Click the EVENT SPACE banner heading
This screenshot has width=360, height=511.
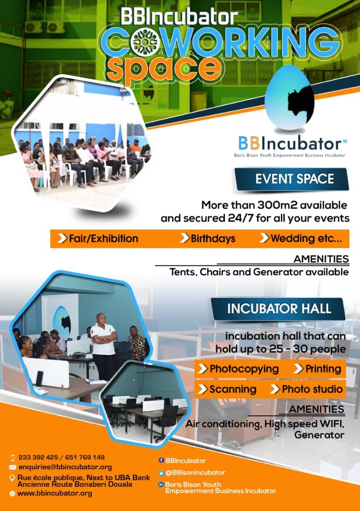click(295, 179)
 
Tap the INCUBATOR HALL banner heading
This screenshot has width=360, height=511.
click(279, 308)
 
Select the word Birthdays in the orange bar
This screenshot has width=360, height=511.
click(213, 238)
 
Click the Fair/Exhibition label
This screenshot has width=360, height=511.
click(104, 238)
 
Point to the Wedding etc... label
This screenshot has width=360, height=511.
click(306, 238)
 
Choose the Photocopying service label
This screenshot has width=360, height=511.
click(244, 369)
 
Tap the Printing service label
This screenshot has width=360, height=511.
click(323, 369)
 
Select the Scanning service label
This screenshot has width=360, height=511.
click(233, 389)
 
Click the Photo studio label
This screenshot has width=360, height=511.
click(312, 389)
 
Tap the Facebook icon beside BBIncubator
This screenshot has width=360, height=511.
click(161, 460)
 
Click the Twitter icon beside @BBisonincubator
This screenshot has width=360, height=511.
click(161, 473)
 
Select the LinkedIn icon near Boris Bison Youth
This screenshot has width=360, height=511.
click(161, 485)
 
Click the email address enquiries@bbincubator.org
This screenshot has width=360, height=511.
click(65, 467)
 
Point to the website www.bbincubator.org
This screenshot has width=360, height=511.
click(55, 493)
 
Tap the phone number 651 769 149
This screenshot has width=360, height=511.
click(85, 458)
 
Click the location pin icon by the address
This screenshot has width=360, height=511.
click(12, 478)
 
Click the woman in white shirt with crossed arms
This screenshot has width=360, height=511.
click(104, 346)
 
